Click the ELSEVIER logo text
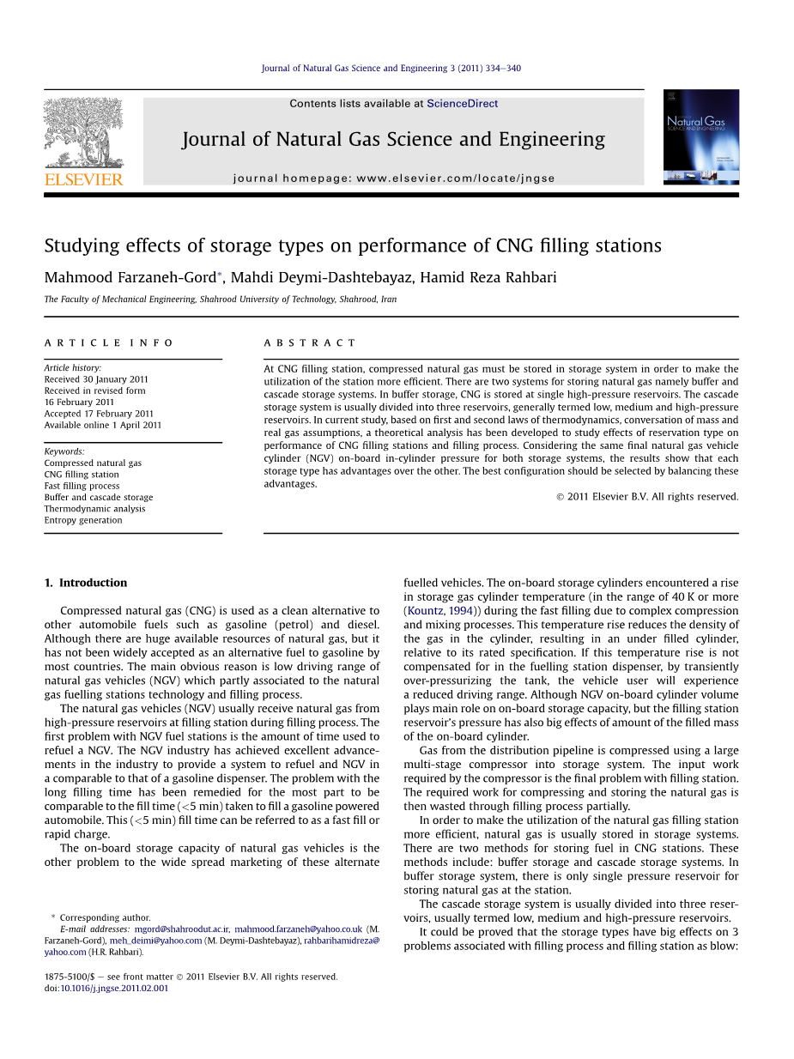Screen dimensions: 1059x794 tap(83, 179)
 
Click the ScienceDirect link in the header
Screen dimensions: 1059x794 tap(462, 104)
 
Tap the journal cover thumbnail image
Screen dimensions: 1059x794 tap(700, 137)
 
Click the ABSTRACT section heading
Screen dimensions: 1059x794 tap(310, 343)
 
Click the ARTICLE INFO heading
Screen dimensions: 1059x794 tap(108, 343)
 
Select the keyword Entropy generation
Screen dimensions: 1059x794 tap(83, 520)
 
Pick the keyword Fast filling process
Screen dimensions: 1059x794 tap(82, 486)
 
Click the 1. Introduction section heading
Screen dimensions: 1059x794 tap(86, 583)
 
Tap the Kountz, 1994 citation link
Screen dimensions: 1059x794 tap(439, 611)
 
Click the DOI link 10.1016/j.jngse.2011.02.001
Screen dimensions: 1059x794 tap(114, 988)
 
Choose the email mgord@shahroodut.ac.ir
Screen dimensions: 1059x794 tap(182, 929)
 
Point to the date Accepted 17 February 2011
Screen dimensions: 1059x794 tap(99, 414)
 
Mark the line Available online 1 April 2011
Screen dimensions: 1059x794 tap(102, 425)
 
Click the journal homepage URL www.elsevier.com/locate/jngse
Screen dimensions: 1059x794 tap(455, 179)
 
